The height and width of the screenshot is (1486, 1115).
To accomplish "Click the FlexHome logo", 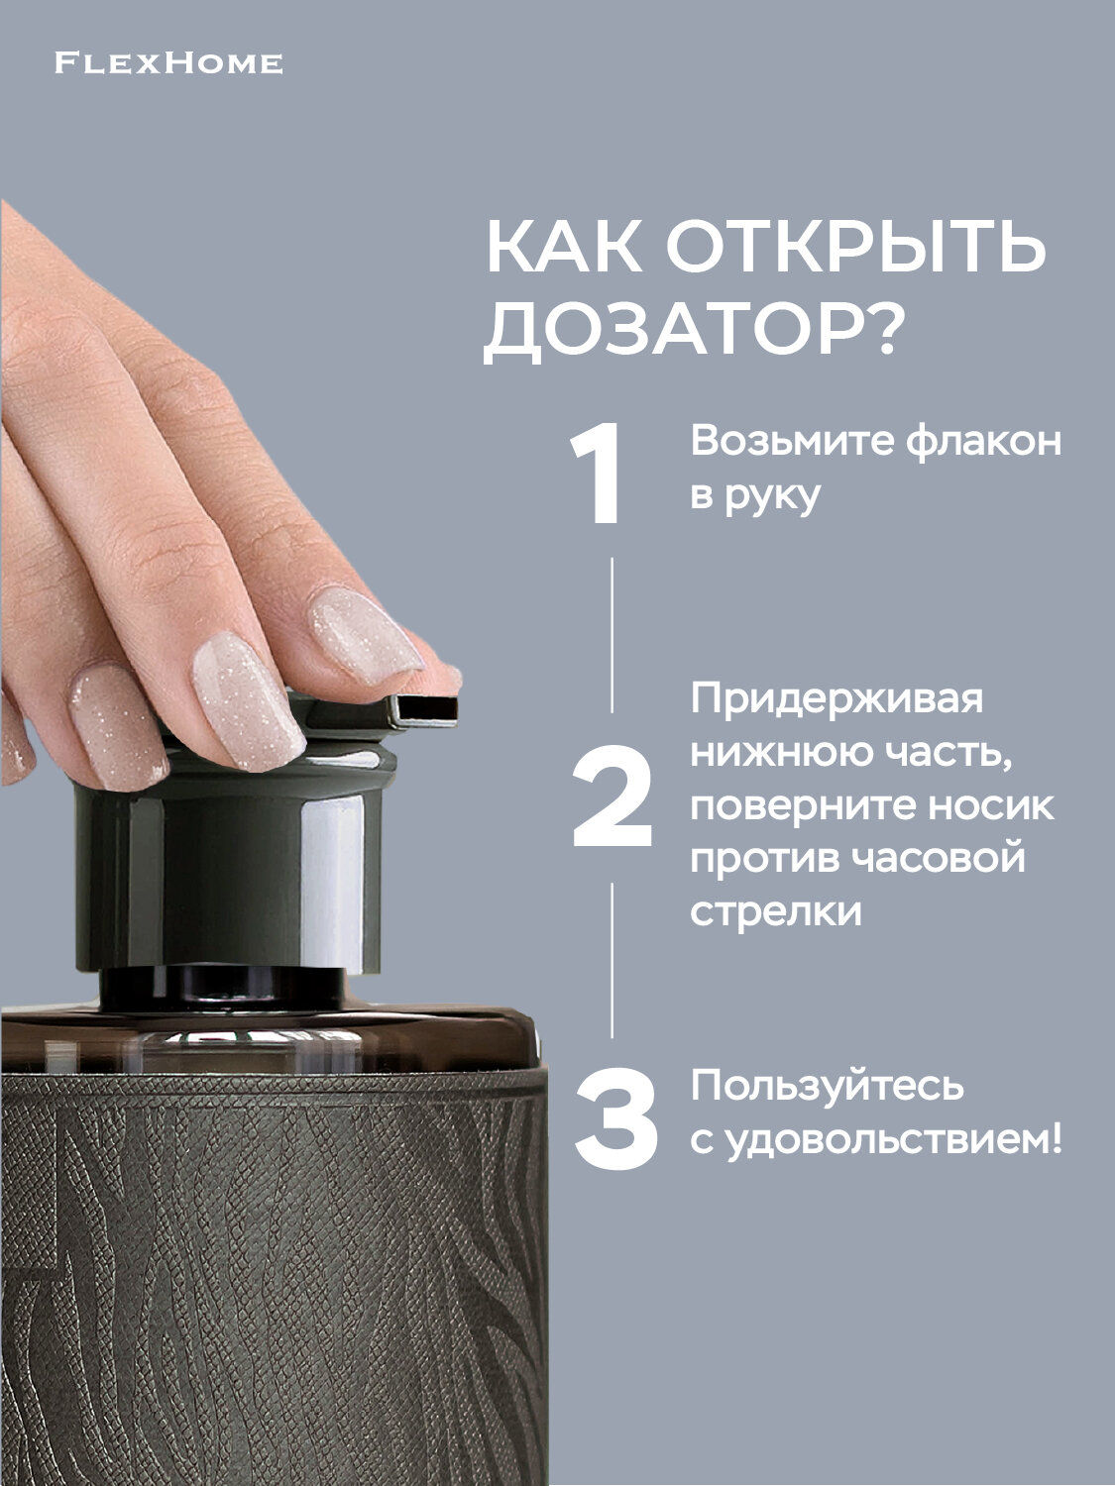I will [x=168, y=64].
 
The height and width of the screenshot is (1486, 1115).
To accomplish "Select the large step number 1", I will [x=598, y=475].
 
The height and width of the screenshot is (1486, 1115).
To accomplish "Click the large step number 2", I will [x=613, y=798].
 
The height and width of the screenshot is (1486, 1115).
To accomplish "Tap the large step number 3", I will [x=616, y=1118].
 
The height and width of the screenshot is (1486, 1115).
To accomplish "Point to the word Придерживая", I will [x=837, y=698].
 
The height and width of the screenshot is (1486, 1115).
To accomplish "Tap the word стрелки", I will [x=776, y=911].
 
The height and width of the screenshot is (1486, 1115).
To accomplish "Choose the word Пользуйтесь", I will [x=827, y=1086].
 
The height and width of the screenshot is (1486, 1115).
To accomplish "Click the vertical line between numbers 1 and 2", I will [x=612, y=634].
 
